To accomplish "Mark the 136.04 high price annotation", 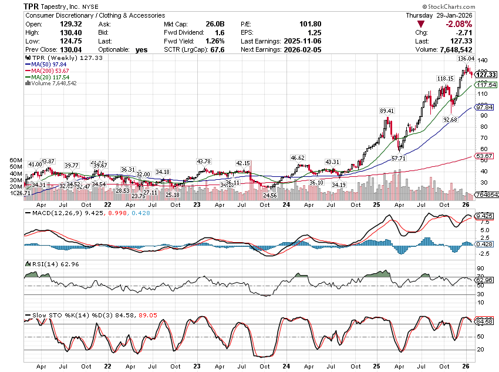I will [466, 59].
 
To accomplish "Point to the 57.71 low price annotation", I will [399, 159].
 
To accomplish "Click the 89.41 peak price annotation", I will [387, 110].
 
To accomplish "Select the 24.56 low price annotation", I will [269, 195].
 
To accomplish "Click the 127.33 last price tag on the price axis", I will [485, 75].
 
